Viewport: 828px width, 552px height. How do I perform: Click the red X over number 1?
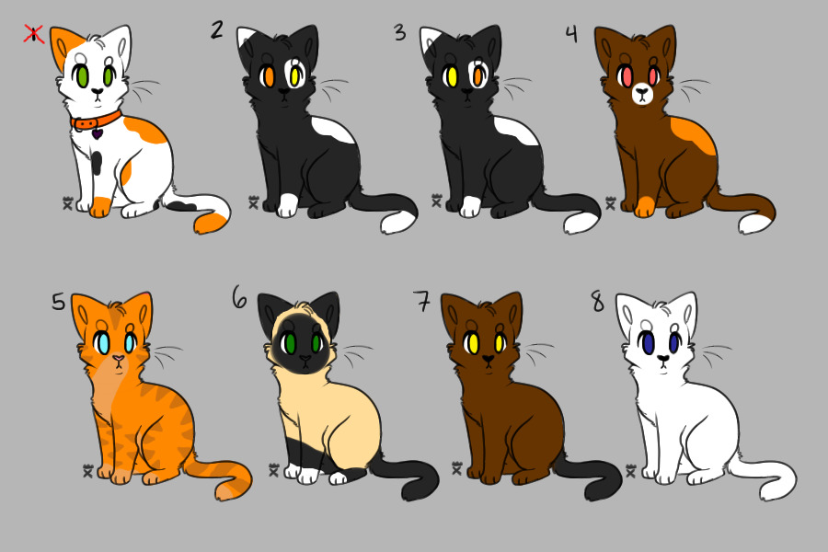34,35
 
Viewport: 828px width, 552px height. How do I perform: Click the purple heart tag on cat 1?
98,134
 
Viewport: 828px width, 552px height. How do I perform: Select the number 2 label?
216,30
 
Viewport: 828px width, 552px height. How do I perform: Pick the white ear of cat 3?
431,41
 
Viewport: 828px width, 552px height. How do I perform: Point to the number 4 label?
571,34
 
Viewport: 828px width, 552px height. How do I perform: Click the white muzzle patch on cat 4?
641,93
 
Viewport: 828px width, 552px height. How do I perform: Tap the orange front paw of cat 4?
645,205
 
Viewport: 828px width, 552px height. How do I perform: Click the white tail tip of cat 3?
581,222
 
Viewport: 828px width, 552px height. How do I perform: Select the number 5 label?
58,302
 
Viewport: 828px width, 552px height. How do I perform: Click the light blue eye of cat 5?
103,343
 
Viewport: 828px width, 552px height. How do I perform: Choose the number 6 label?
239,297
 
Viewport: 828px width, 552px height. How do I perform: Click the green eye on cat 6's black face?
290,344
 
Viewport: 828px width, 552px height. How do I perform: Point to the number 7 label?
422,301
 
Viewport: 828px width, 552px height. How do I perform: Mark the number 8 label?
597,301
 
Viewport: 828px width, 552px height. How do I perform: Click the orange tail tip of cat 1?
211,222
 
